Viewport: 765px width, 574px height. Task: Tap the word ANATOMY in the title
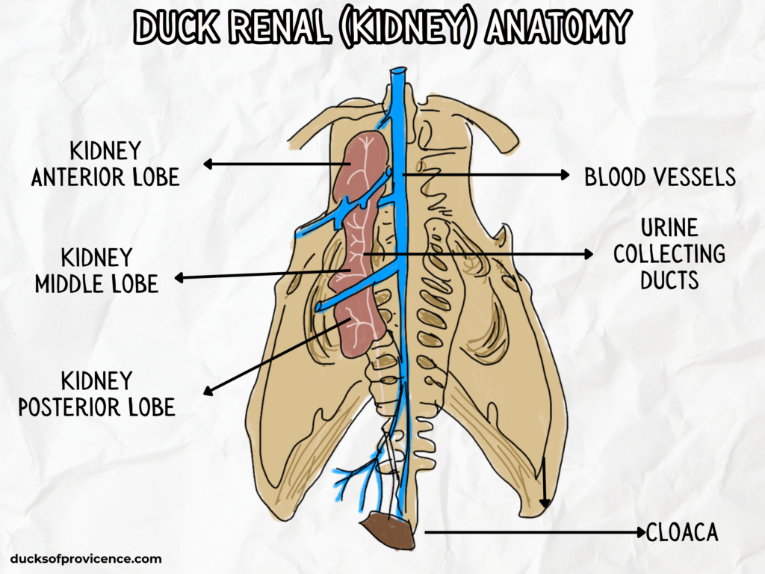[556, 28]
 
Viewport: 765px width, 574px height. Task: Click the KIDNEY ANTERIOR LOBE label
[105, 164]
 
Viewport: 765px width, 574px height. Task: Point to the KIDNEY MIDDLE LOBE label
[96, 271]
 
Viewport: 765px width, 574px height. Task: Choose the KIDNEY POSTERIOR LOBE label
[96, 394]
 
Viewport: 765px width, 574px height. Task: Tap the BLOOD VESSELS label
[660, 177]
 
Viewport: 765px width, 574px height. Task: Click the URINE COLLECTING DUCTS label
[669, 254]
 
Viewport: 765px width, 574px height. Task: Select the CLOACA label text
[681, 533]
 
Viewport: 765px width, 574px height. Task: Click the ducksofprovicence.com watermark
[86, 558]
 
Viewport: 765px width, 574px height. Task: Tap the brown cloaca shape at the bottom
[388, 531]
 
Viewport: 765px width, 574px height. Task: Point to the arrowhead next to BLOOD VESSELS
[566, 175]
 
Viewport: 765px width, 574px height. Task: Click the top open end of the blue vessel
[397, 71]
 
